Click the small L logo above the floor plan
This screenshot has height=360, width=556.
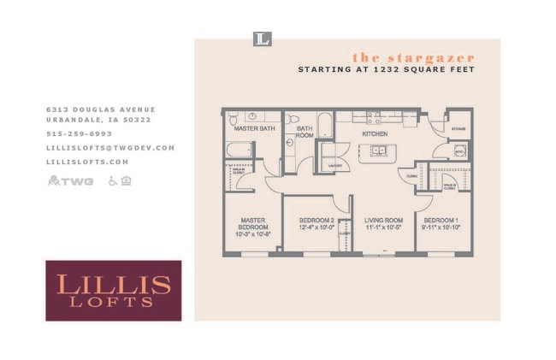(x=263, y=38)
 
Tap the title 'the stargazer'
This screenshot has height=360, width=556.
(x=413, y=57)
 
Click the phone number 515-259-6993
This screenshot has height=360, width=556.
(x=79, y=134)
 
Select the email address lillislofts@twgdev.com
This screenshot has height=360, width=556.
(x=110, y=148)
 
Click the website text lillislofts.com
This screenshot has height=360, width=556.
(x=87, y=162)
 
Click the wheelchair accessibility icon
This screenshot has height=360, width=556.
(x=112, y=180)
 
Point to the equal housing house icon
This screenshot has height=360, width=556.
(x=127, y=180)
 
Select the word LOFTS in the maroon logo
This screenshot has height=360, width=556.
(x=113, y=302)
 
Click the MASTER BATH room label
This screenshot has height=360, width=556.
(x=254, y=129)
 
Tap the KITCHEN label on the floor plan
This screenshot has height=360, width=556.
(x=375, y=134)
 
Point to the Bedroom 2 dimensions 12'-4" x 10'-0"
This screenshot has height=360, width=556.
(x=316, y=228)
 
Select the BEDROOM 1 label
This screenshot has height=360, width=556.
(x=441, y=220)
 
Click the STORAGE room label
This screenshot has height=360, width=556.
(x=458, y=128)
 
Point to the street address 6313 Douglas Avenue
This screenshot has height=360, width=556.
(x=101, y=109)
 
